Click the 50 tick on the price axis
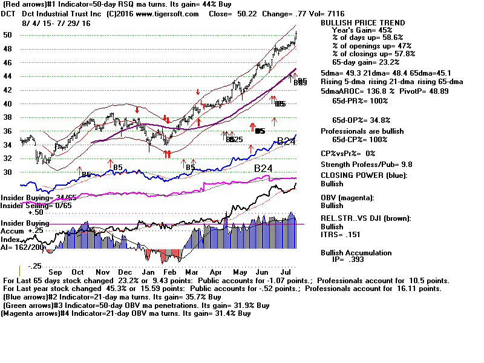(x=8, y=35)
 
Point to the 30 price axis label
(x=8, y=172)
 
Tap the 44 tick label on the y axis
(x=8, y=76)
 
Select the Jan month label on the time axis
(x=147, y=272)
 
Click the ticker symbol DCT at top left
(x=11, y=14)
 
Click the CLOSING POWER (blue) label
(x=364, y=175)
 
